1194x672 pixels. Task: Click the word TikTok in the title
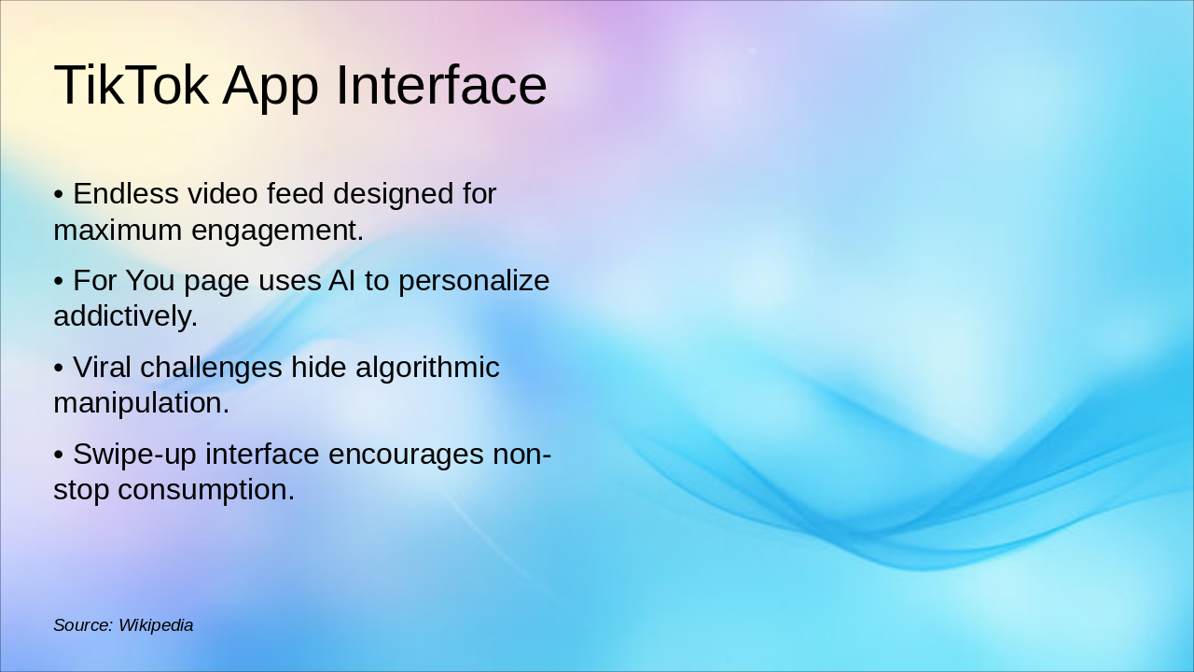pos(131,85)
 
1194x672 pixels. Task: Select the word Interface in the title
pos(440,85)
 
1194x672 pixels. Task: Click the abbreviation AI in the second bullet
pos(341,280)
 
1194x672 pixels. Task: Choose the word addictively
pos(125,315)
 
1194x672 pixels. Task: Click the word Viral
pos(103,367)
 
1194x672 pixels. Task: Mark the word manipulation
pos(141,402)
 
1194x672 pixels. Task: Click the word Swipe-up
pos(134,454)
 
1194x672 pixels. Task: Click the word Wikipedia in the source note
pos(156,625)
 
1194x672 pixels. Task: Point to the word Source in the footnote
pos(82,625)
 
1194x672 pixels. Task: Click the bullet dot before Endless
pos(58,195)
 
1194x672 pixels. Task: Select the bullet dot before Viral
pos(58,368)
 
